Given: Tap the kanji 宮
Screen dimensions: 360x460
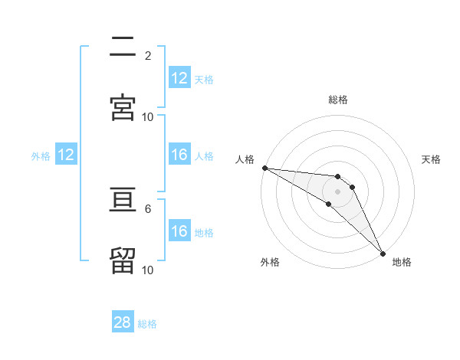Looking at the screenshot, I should (x=123, y=107).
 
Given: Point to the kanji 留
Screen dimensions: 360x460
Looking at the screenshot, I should (x=123, y=260).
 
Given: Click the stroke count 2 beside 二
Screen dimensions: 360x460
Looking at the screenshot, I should (x=148, y=56).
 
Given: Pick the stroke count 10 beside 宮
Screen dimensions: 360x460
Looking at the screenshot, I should (x=148, y=116).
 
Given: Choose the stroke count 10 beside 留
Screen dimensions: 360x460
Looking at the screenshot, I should (x=148, y=270).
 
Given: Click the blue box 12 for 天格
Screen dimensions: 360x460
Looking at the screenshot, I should (x=179, y=78).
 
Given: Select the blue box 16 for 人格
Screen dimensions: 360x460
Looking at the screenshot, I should (x=179, y=155).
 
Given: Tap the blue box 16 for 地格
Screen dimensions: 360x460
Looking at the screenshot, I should (x=179, y=231).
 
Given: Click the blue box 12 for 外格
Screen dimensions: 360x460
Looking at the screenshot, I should (x=66, y=155).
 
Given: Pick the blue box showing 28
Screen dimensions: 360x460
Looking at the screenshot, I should (x=123, y=322).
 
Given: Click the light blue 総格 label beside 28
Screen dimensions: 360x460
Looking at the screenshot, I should (x=147, y=324).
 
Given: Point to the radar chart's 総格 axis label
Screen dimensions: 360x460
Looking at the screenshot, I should (x=338, y=100).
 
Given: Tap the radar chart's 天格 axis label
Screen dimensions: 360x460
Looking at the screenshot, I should (x=431, y=159).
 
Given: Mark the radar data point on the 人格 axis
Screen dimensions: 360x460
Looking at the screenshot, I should (x=264, y=168).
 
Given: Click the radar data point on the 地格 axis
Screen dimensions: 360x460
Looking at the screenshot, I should (x=383, y=252).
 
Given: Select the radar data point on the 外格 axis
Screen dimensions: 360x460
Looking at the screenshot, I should (x=328, y=204).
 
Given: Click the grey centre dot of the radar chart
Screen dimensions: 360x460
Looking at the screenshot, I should (x=338, y=191).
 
